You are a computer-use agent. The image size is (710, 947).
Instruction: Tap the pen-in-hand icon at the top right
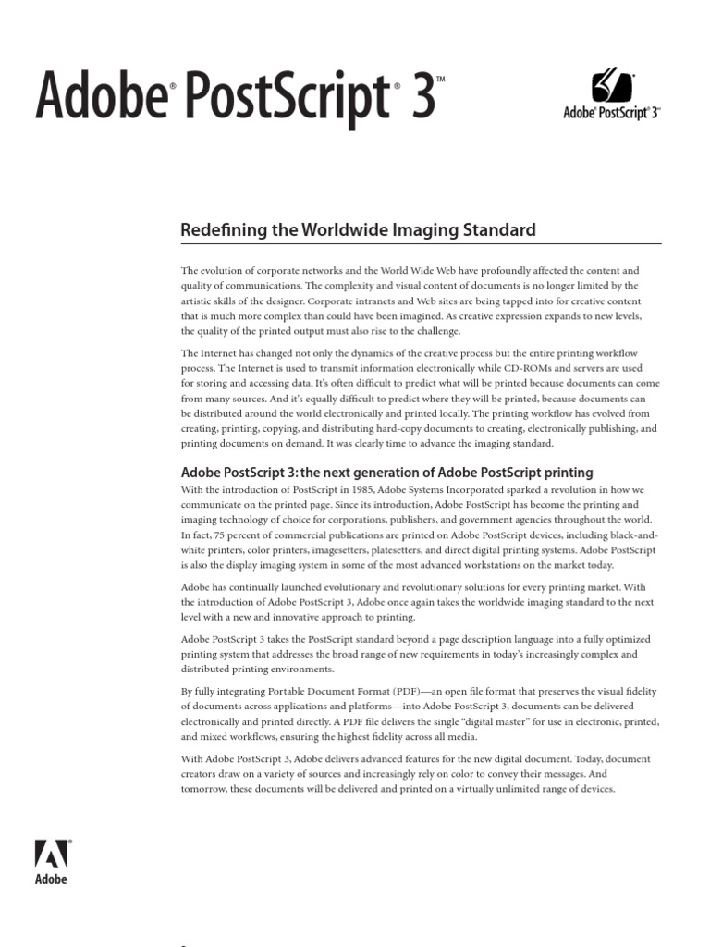click(611, 86)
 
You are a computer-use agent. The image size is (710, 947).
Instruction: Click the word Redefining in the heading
click(218, 228)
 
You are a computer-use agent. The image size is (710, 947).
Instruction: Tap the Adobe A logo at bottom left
click(51, 855)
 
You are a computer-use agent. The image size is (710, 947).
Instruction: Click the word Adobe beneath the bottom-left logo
click(51, 879)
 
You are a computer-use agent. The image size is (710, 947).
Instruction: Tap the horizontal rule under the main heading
click(421, 243)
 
